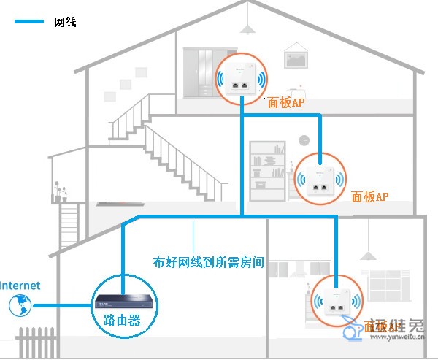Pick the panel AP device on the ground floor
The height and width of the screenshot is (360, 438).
336,302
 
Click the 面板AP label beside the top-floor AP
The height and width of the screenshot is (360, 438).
286,104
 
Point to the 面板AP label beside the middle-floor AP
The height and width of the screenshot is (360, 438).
370,196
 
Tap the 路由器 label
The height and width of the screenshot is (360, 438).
116,320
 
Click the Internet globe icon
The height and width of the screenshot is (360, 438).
18,305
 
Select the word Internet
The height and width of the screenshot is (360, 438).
20,286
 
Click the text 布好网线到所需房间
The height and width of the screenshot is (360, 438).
208,261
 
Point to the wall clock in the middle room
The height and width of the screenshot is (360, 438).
304,139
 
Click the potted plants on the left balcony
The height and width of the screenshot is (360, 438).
58,194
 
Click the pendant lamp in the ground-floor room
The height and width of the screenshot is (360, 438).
369,254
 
